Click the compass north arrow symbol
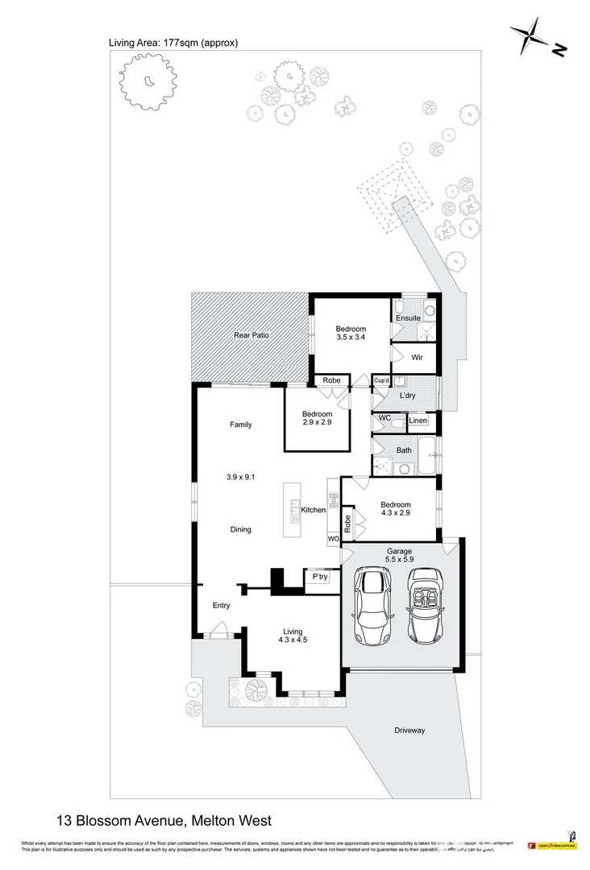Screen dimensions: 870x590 tap(531, 35)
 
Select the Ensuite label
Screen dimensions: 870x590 tap(408, 318)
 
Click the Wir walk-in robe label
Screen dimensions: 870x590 tap(417, 357)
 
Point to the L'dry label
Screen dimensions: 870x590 tap(407, 396)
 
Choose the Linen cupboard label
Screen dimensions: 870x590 tap(418, 421)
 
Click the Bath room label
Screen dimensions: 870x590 tap(405, 450)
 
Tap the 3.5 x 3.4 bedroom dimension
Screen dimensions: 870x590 tap(351, 338)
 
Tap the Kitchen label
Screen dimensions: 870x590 tap(313, 510)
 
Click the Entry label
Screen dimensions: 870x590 tap(220, 606)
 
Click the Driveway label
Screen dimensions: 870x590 tap(409, 731)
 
